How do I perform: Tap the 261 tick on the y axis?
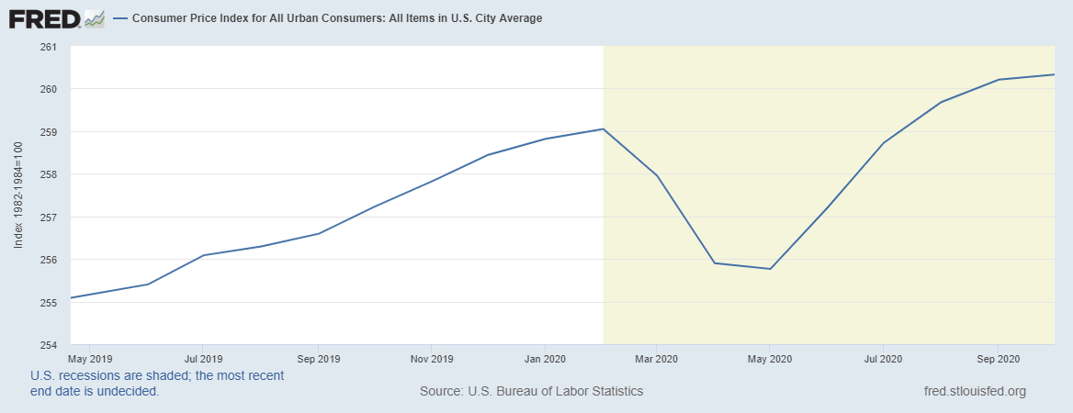(50, 47)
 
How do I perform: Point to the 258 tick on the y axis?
(50, 174)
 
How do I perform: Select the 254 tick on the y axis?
(50, 345)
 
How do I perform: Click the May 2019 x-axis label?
(89, 358)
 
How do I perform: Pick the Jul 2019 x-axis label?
(203, 358)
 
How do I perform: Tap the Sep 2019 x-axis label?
(318, 358)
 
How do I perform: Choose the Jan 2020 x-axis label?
(546, 358)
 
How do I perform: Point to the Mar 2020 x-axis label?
(656, 358)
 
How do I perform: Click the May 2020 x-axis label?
(770, 358)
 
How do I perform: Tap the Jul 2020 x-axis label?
(883, 358)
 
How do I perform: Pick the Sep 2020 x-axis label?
(998, 358)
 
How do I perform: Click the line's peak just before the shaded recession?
(603, 128)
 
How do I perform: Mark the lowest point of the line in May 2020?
(770, 269)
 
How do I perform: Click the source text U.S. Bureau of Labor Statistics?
(531, 391)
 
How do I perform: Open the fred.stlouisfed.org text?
(974, 391)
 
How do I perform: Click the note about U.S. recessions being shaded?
(156, 383)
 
